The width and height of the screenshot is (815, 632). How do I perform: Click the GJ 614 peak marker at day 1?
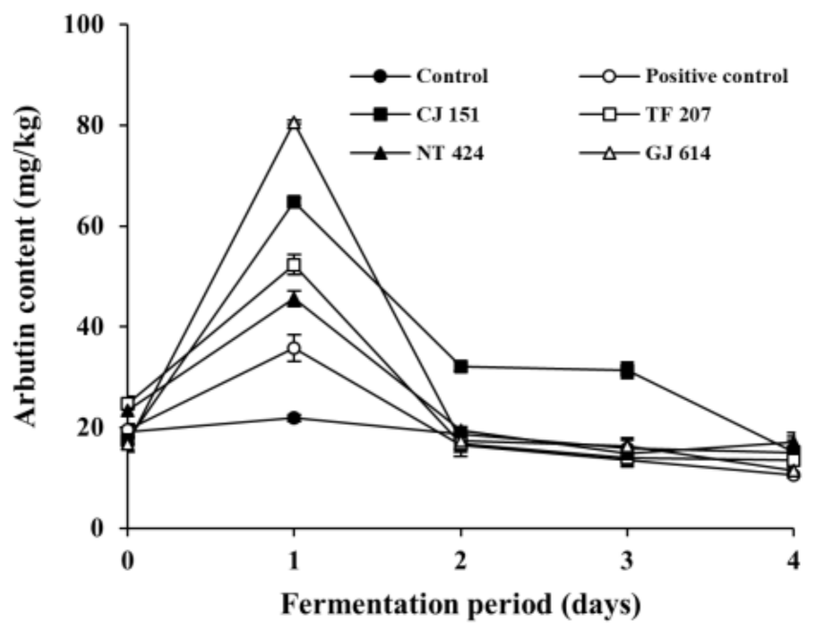point(294,123)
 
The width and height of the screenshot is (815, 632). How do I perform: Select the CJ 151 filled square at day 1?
point(294,202)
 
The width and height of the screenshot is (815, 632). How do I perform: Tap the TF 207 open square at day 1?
point(294,264)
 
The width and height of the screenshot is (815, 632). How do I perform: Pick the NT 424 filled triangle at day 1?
point(294,300)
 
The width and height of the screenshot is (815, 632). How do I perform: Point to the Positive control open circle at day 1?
point(294,348)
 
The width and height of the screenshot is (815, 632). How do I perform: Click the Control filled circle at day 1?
point(294,417)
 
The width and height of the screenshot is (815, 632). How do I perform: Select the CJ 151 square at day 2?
point(461,367)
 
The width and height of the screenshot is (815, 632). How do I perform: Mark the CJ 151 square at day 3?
point(627,370)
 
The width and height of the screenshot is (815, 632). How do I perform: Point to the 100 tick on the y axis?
point(88,24)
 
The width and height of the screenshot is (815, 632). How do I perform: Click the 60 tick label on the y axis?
point(94,226)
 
